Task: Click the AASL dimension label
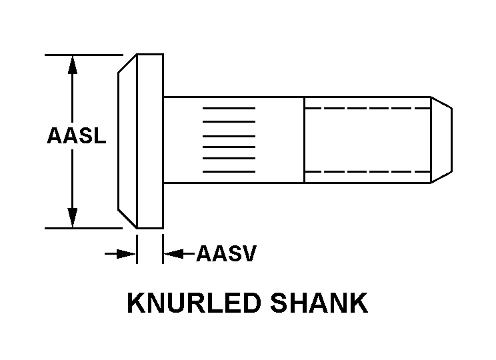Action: click(x=76, y=135)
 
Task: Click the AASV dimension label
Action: click(x=226, y=253)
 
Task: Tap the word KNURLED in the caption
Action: click(x=193, y=303)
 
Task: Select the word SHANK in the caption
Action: click(x=319, y=303)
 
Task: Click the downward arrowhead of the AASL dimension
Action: click(x=73, y=217)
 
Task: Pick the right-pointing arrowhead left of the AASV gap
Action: click(x=126, y=254)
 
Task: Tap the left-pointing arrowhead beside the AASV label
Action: click(x=173, y=254)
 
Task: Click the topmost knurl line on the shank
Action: click(x=229, y=109)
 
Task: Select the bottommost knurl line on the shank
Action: click(x=229, y=172)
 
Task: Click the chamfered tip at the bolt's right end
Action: click(x=441, y=140)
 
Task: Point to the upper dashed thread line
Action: click(x=367, y=109)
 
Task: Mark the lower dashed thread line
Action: click(x=367, y=172)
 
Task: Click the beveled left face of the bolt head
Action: click(x=127, y=141)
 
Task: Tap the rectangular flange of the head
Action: click(x=150, y=141)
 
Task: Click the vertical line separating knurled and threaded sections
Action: click(x=304, y=140)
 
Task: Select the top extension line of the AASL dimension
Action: click(x=84, y=55)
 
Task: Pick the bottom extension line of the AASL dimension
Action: click(x=83, y=228)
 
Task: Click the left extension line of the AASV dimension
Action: click(x=137, y=249)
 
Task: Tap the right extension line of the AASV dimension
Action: click(x=163, y=249)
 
